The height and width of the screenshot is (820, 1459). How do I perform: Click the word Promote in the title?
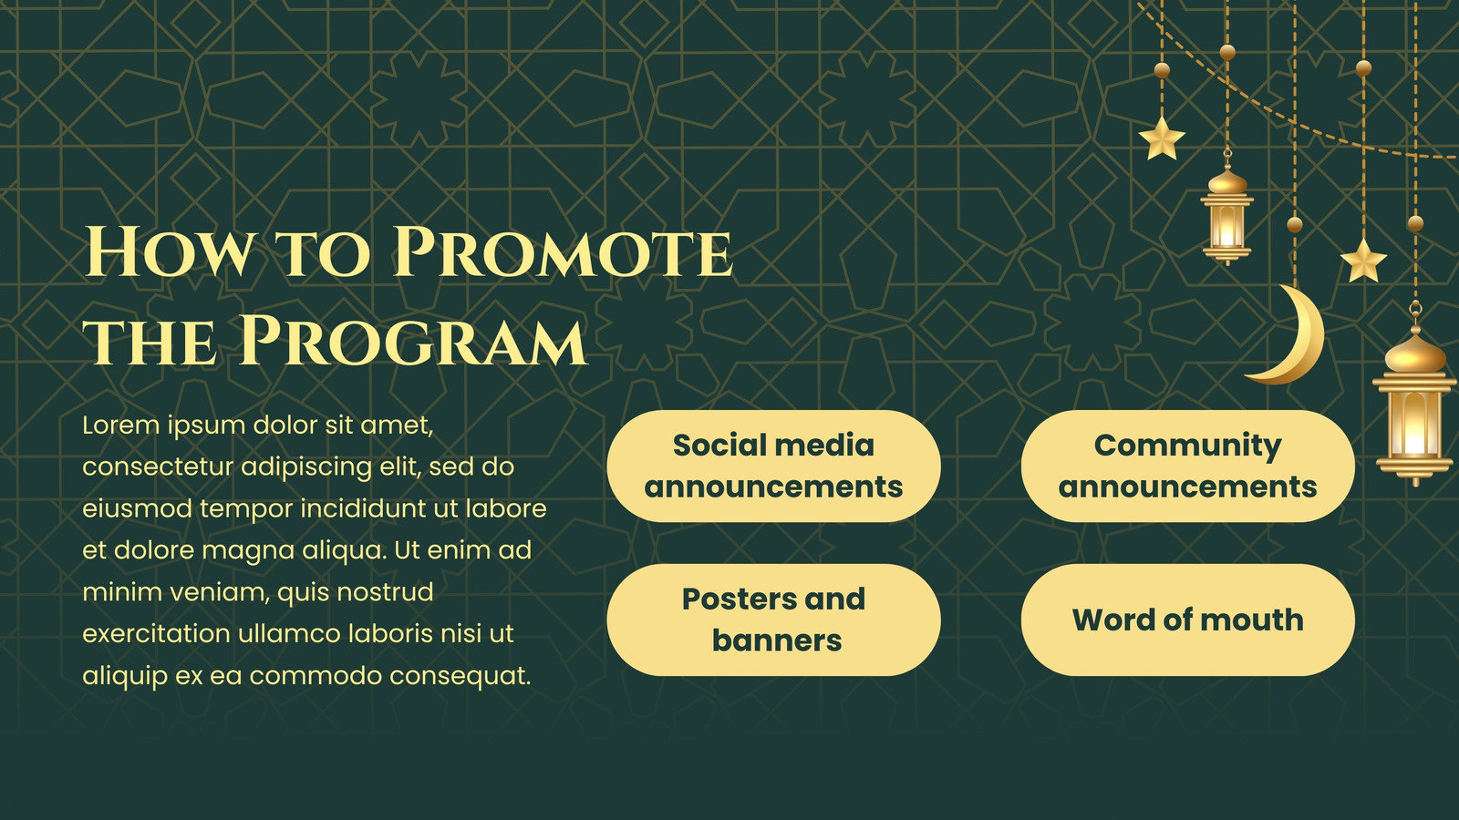pos(564,251)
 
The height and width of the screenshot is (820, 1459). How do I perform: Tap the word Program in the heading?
pos(413,341)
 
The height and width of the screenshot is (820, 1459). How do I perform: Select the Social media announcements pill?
pos(774,466)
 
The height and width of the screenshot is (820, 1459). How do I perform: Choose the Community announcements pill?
pos(1188,466)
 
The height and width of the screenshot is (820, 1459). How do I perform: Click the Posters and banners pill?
pos(774,620)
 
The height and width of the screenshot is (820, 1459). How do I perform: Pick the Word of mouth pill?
pos(1188,620)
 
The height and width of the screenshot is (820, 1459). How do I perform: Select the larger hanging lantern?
pos(1414,404)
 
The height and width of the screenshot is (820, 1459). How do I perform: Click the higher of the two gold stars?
pos(1162,138)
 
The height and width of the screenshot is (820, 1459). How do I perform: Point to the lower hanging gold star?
pos(1363,261)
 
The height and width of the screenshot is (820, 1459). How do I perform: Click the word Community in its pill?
pos(1188,446)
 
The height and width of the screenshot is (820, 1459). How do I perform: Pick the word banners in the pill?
pos(777,641)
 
